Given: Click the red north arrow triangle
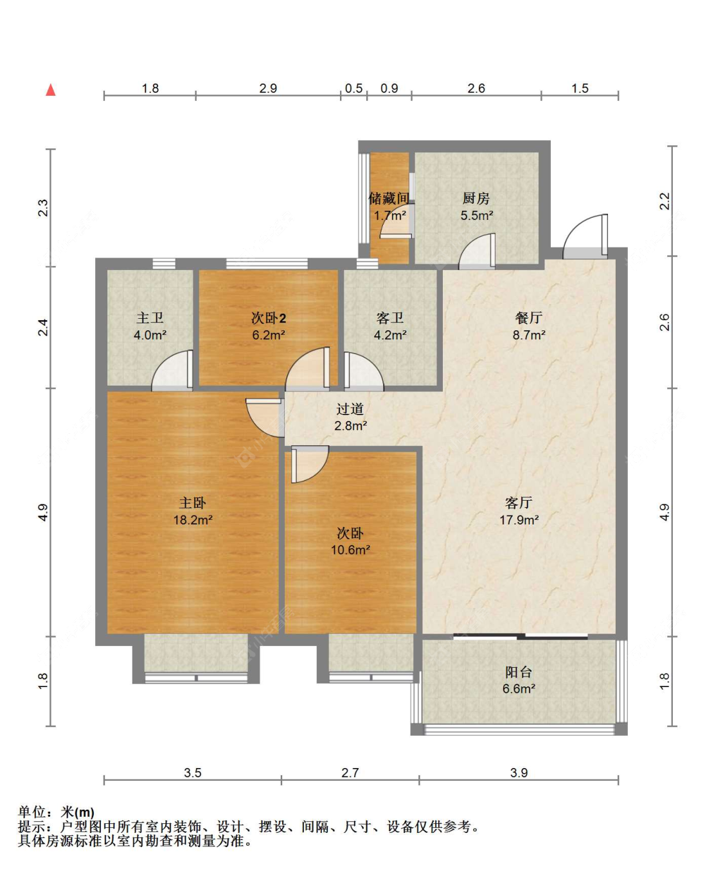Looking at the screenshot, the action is (51, 90).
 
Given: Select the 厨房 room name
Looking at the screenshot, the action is (476, 198).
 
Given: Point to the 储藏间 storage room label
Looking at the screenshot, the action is (389, 198).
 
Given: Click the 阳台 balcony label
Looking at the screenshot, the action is (519, 672).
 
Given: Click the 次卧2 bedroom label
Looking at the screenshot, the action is (269, 318).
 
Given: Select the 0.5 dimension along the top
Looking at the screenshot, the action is (353, 88).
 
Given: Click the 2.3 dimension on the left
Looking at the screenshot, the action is (43, 208).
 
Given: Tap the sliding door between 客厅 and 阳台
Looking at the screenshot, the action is (521, 637).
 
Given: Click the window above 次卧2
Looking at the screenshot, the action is (267, 264).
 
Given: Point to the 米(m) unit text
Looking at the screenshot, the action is (77, 811).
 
